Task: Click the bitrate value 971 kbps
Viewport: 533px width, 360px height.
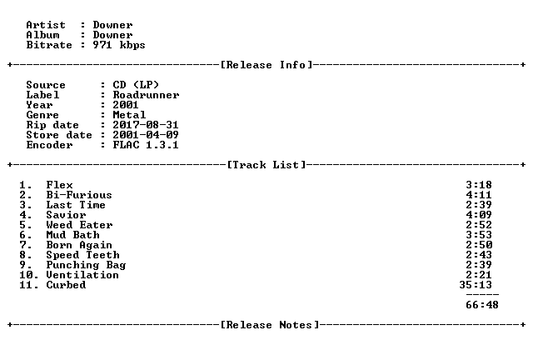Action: [x=119, y=45]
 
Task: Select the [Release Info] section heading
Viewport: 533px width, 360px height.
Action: [x=266, y=65]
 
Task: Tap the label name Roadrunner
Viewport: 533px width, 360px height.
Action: [x=146, y=95]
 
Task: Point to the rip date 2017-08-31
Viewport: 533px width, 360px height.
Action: [x=146, y=124]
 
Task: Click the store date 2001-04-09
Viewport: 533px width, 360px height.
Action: [x=146, y=135]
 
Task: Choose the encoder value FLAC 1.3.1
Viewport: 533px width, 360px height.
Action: [x=146, y=145]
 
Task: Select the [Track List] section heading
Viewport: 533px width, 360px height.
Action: [x=266, y=165]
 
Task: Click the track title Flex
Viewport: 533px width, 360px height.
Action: [x=59, y=185]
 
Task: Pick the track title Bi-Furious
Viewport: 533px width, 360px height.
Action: [x=79, y=195]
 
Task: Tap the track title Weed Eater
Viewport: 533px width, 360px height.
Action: [x=79, y=224]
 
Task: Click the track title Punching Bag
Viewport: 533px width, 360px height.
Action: [x=86, y=265]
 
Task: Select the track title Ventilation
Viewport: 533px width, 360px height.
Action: [x=82, y=275]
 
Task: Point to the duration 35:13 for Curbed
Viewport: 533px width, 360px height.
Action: [x=476, y=284]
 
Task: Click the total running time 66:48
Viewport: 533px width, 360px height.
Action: [x=482, y=304]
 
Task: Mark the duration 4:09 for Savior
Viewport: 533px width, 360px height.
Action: [x=479, y=215]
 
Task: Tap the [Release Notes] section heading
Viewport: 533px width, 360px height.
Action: [x=270, y=325]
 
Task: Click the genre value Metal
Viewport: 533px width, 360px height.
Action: [x=129, y=115]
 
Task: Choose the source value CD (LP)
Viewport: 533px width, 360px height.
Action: [x=136, y=85]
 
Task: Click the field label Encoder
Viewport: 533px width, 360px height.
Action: [x=49, y=145]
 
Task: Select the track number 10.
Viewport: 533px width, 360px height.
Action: [x=26, y=275]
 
